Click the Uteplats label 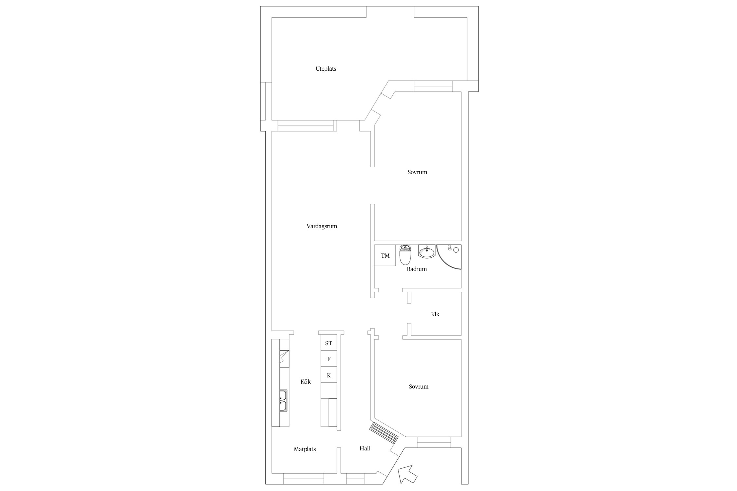(326, 69)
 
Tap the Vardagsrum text (322, 226)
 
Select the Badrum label (417, 269)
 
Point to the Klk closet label (435, 314)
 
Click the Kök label (306, 381)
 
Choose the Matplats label (305, 449)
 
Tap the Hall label (365, 448)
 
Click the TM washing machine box (385, 255)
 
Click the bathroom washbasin (427, 252)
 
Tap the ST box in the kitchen (329, 343)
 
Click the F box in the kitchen (329, 359)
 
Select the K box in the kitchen (329, 375)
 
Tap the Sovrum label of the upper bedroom (417, 172)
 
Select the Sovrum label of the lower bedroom (419, 387)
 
